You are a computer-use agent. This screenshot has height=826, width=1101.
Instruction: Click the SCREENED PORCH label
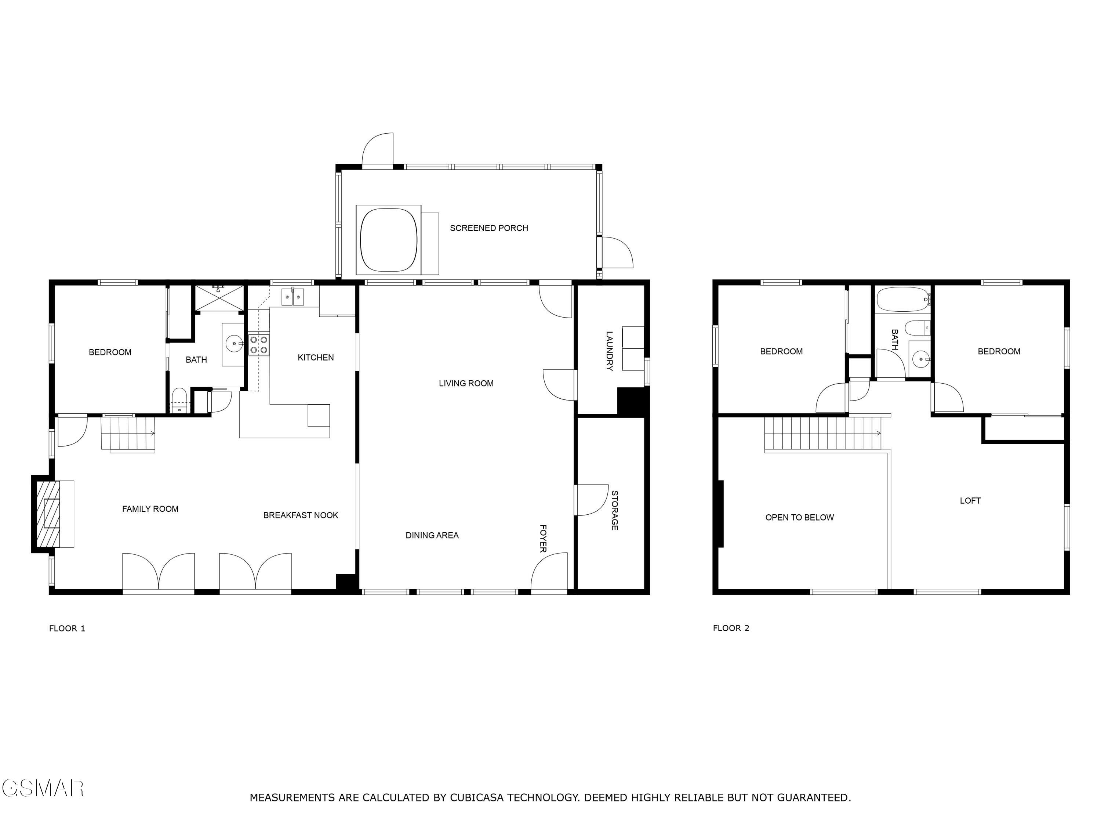tap(489, 228)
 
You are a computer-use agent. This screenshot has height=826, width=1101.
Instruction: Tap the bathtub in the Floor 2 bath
tap(902, 299)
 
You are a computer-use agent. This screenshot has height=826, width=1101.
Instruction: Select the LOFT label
tap(970, 501)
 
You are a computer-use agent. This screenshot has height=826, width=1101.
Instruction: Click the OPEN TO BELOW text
tap(799, 518)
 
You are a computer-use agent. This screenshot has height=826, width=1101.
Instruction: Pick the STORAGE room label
tap(615, 510)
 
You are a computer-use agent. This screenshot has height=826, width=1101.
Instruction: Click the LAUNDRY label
tap(609, 351)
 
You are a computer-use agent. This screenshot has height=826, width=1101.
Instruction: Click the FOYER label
tap(543, 538)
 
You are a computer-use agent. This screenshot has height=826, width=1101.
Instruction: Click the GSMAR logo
tap(42, 788)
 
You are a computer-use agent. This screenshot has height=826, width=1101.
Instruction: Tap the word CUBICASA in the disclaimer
tap(478, 797)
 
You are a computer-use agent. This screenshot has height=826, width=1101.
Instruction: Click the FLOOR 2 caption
tap(731, 628)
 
